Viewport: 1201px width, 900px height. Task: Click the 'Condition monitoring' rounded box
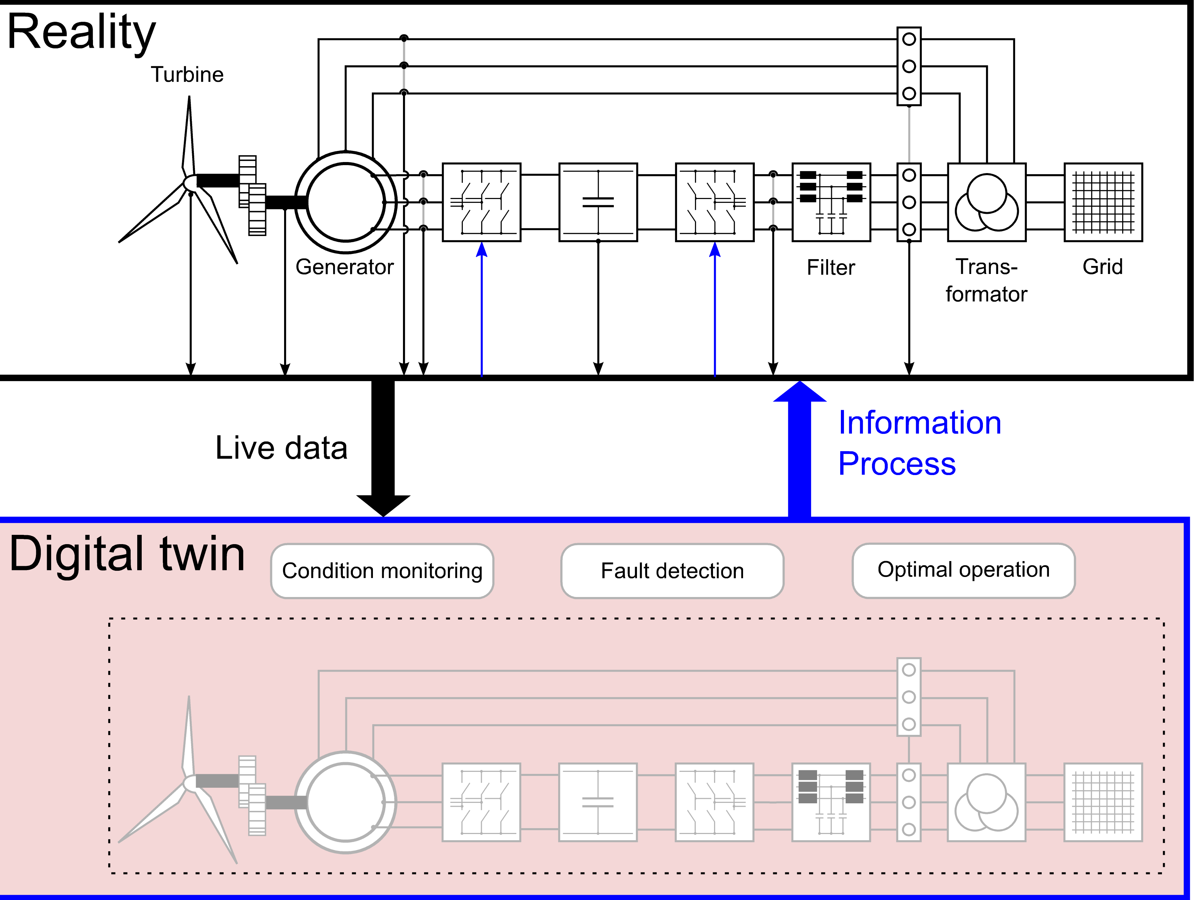[x=382, y=571]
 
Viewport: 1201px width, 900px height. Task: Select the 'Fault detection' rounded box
[x=672, y=571]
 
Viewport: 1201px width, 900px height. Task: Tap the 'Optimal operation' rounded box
[x=964, y=570]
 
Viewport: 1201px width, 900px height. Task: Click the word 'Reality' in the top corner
[x=82, y=32]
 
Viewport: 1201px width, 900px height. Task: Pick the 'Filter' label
[x=831, y=268]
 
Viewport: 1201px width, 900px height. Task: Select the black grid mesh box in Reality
[x=1103, y=202]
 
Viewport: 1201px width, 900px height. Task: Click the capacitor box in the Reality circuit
[x=598, y=202]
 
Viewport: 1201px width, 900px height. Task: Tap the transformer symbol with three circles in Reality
[x=986, y=202]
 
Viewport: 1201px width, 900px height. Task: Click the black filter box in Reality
[x=831, y=202]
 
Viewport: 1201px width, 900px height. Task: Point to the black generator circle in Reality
[x=346, y=202]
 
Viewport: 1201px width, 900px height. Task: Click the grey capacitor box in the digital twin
[x=598, y=802]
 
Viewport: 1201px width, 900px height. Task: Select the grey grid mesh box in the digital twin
[x=1103, y=802]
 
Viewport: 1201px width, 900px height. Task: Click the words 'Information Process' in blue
[x=919, y=443]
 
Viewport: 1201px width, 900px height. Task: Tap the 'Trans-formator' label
[x=986, y=281]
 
